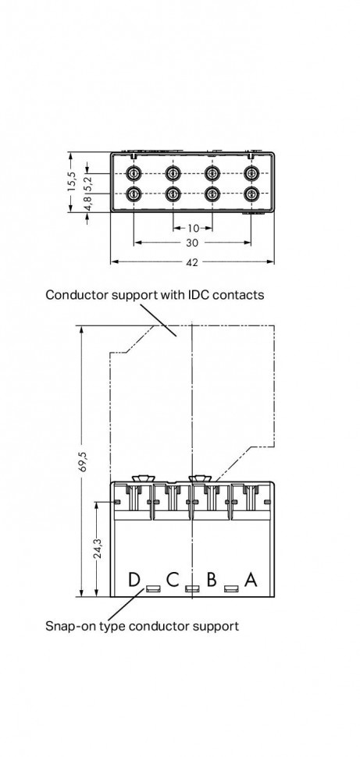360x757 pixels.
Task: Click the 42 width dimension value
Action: point(192,262)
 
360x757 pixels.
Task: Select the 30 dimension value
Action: point(192,243)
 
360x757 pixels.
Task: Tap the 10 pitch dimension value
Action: point(192,228)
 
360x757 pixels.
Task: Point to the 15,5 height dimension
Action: point(71,182)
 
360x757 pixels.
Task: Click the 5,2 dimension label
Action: point(88,180)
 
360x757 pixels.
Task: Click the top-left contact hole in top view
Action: point(134,172)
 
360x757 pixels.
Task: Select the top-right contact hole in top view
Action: point(251,172)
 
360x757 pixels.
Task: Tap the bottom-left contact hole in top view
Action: point(134,194)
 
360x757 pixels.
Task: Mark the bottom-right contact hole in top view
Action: point(251,194)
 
